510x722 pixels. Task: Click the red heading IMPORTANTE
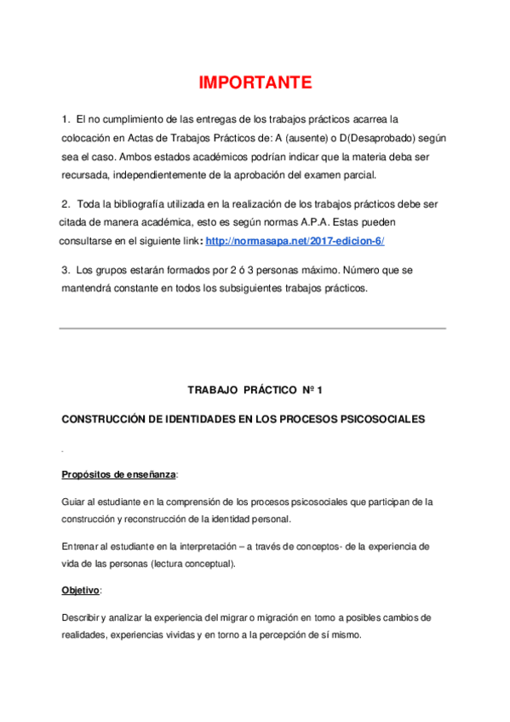(x=255, y=83)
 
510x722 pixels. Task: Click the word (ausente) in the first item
(x=312, y=137)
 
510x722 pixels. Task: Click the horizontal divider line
(x=252, y=329)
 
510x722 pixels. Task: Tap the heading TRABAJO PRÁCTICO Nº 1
(x=255, y=390)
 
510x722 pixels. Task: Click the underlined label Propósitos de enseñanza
(x=119, y=474)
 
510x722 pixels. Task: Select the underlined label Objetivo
(x=81, y=589)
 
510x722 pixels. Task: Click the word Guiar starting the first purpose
(x=73, y=501)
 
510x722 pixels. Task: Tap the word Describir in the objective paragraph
(x=82, y=616)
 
